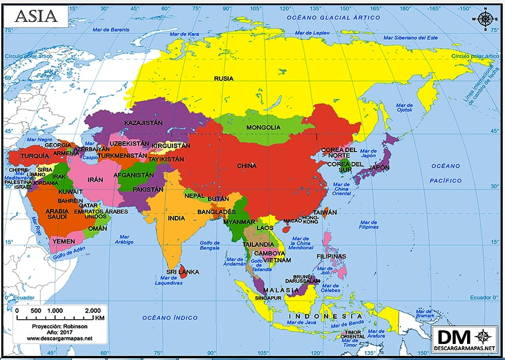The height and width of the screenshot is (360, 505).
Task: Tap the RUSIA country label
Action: tap(224, 79)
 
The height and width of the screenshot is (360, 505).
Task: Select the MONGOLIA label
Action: tap(263, 127)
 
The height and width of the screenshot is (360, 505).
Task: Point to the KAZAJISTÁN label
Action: tap(144, 123)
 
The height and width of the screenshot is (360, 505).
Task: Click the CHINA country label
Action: tap(246, 166)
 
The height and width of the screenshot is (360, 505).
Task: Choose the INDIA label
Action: tap(176, 218)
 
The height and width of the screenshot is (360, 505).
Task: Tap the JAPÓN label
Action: tap(379, 168)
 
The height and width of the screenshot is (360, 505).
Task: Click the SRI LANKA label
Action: tap(183, 272)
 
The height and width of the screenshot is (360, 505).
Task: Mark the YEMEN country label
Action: tap(64, 241)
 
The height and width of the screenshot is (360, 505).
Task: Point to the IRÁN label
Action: tap(95, 180)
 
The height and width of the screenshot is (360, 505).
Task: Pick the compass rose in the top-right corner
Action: tap(485, 18)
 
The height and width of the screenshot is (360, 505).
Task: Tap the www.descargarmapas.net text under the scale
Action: tap(59, 338)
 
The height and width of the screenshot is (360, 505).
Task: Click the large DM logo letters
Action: tap(454, 337)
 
